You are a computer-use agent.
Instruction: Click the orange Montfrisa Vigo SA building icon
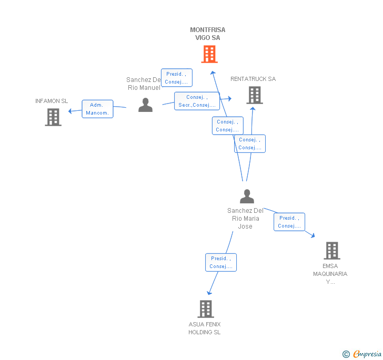pos(209,54)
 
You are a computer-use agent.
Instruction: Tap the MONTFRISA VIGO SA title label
pos(207,34)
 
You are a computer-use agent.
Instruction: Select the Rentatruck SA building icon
pos(254,95)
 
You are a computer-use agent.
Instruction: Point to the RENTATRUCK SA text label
pos(253,79)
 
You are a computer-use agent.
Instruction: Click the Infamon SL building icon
pos(53,117)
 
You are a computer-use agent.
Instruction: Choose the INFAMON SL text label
pos(52,101)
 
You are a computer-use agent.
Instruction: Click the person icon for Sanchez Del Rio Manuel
pos(145,105)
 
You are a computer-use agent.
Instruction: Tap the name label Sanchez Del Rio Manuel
pos(144,84)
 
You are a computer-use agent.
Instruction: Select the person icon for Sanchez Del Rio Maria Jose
pos(247,197)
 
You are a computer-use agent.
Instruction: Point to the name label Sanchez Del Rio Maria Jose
pos(245,219)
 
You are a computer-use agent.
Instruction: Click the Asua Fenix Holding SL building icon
pos(206,309)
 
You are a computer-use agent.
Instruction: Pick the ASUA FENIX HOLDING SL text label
pos(205,328)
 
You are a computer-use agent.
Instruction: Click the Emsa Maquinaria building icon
pos(332,251)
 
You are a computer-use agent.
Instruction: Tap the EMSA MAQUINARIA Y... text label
pos(330,273)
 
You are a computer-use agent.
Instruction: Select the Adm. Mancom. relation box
pos(97,109)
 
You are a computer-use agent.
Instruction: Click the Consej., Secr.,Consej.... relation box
pos(197,101)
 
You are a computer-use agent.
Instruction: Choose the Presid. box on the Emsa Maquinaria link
pos(289,222)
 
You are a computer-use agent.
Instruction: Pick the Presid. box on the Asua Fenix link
pos(221,262)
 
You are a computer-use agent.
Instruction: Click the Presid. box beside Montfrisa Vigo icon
pos(176,78)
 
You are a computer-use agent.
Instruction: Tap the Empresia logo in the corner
pos(362,354)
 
